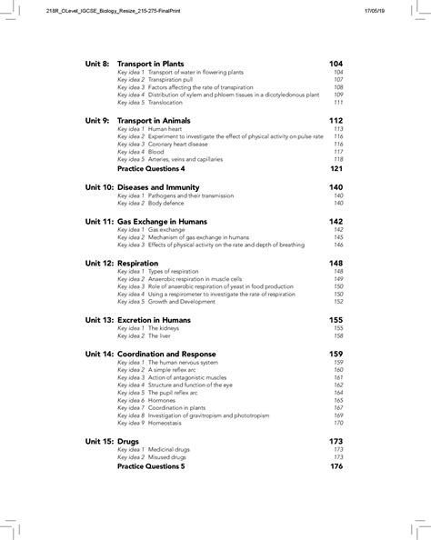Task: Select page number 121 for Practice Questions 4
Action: coord(336,169)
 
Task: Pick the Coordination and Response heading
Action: coord(173,354)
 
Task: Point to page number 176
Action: coord(336,466)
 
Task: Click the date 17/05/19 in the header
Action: coord(404,10)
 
